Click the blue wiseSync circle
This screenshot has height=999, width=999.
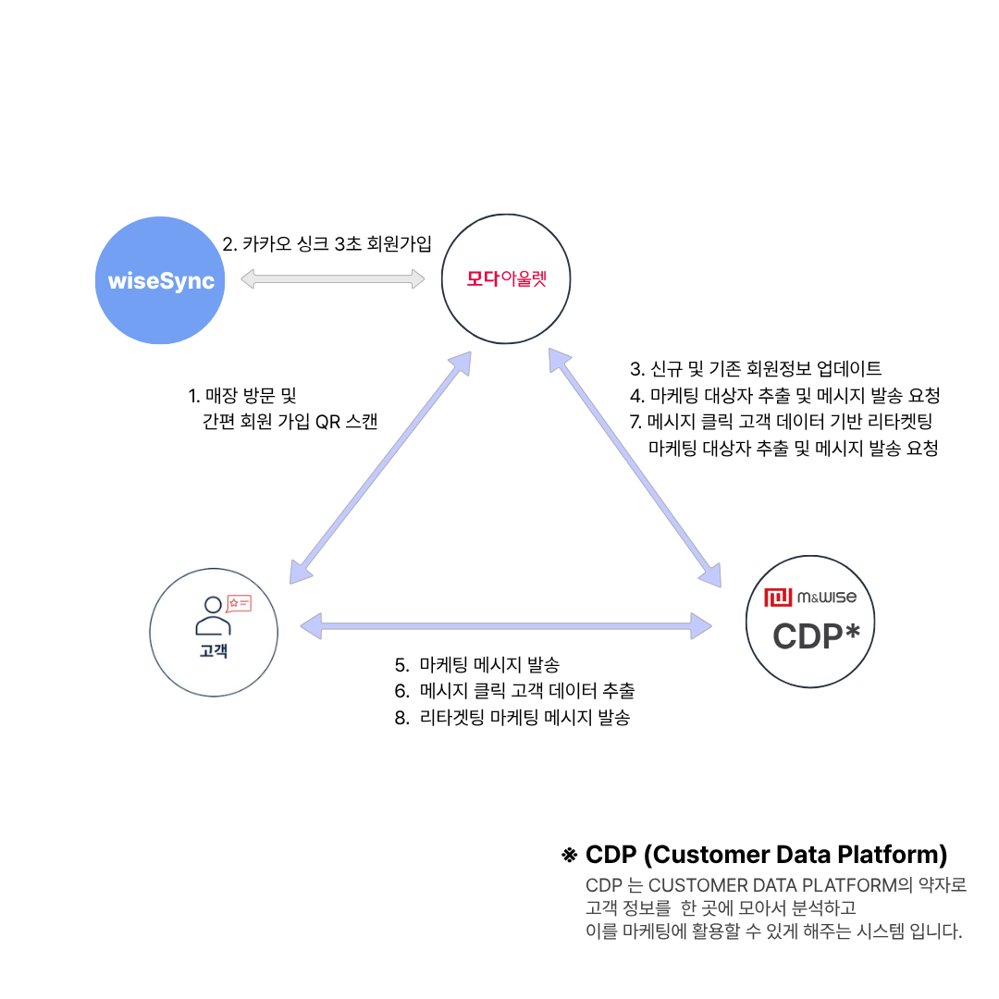click(160, 280)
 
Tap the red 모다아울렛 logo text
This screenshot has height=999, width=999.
click(507, 278)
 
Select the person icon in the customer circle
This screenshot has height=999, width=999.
click(213, 616)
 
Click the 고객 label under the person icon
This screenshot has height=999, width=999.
click(214, 650)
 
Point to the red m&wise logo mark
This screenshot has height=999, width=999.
click(778, 597)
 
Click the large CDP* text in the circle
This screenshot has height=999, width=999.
click(816, 635)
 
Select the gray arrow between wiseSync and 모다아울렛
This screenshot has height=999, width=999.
click(333, 278)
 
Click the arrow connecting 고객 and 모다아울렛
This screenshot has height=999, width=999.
click(380, 467)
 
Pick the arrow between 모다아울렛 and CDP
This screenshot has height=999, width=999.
click(635, 468)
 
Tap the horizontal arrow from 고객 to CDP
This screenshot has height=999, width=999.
click(506, 626)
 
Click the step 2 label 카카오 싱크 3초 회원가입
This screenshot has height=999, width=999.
click(327, 243)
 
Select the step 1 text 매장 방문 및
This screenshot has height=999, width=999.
click(242, 396)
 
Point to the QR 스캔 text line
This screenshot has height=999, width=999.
click(290, 421)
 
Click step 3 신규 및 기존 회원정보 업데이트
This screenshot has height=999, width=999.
click(756, 368)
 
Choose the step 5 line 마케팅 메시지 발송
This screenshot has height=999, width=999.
click(477, 664)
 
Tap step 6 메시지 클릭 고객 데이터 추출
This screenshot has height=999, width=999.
click(515, 691)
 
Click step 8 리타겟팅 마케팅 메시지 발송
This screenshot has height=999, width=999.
click(512, 718)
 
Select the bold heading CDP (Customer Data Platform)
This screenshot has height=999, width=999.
click(767, 855)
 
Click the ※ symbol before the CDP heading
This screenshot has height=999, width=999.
click(569, 855)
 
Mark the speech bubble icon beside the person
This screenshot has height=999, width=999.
click(239, 603)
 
